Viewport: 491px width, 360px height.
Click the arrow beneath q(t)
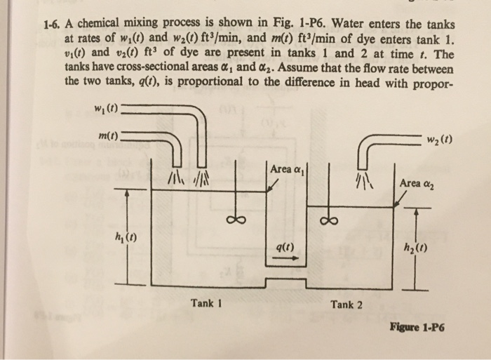tap(284, 258)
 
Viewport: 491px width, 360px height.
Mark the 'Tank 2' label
tap(347, 304)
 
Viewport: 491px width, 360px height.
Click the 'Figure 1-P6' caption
tap(419, 327)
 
